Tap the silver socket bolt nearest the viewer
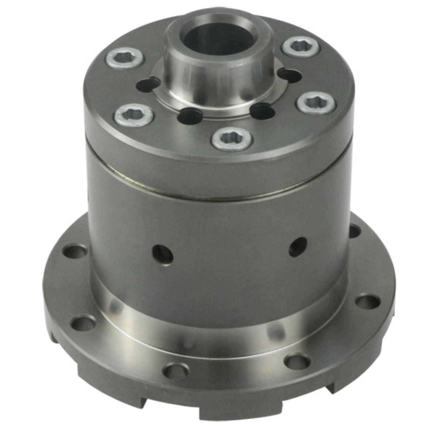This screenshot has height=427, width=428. (x=232, y=139)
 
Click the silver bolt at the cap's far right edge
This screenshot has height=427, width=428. (x=316, y=103)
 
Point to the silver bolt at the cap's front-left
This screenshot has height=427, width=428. (x=134, y=115)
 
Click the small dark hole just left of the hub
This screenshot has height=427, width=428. (x=147, y=85)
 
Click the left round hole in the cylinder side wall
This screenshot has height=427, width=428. (x=163, y=255)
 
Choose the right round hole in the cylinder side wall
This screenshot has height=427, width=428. (x=298, y=246)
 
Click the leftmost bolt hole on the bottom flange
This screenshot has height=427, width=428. (x=75, y=252)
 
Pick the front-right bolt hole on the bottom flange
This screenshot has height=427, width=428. (x=297, y=362)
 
